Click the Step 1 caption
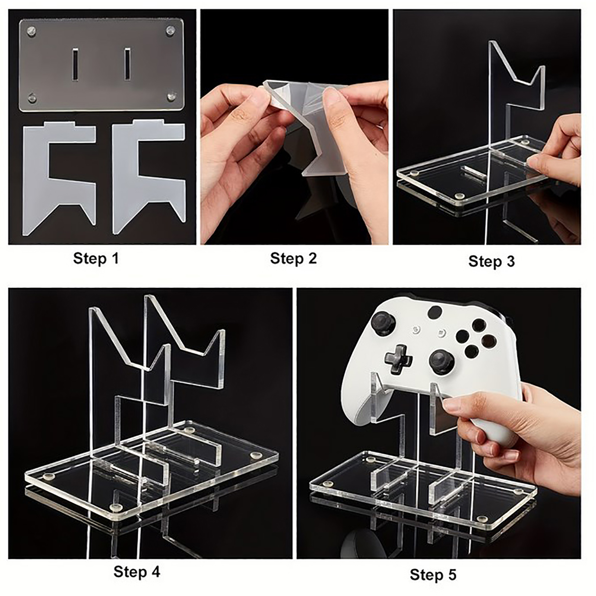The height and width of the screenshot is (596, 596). pyautogui.click(x=96, y=258)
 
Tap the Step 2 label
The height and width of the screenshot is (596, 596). pyautogui.click(x=294, y=258)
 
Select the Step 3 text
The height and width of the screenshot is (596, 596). pyautogui.click(x=492, y=261)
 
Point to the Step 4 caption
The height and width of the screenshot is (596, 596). pyautogui.click(x=137, y=571)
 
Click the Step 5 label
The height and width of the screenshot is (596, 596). pyautogui.click(x=433, y=574)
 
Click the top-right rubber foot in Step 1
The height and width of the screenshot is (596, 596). pyautogui.click(x=171, y=30)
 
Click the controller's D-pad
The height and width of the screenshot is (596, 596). pyautogui.click(x=399, y=359)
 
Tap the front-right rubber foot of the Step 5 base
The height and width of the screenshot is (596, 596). pyautogui.click(x=482, y=519)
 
